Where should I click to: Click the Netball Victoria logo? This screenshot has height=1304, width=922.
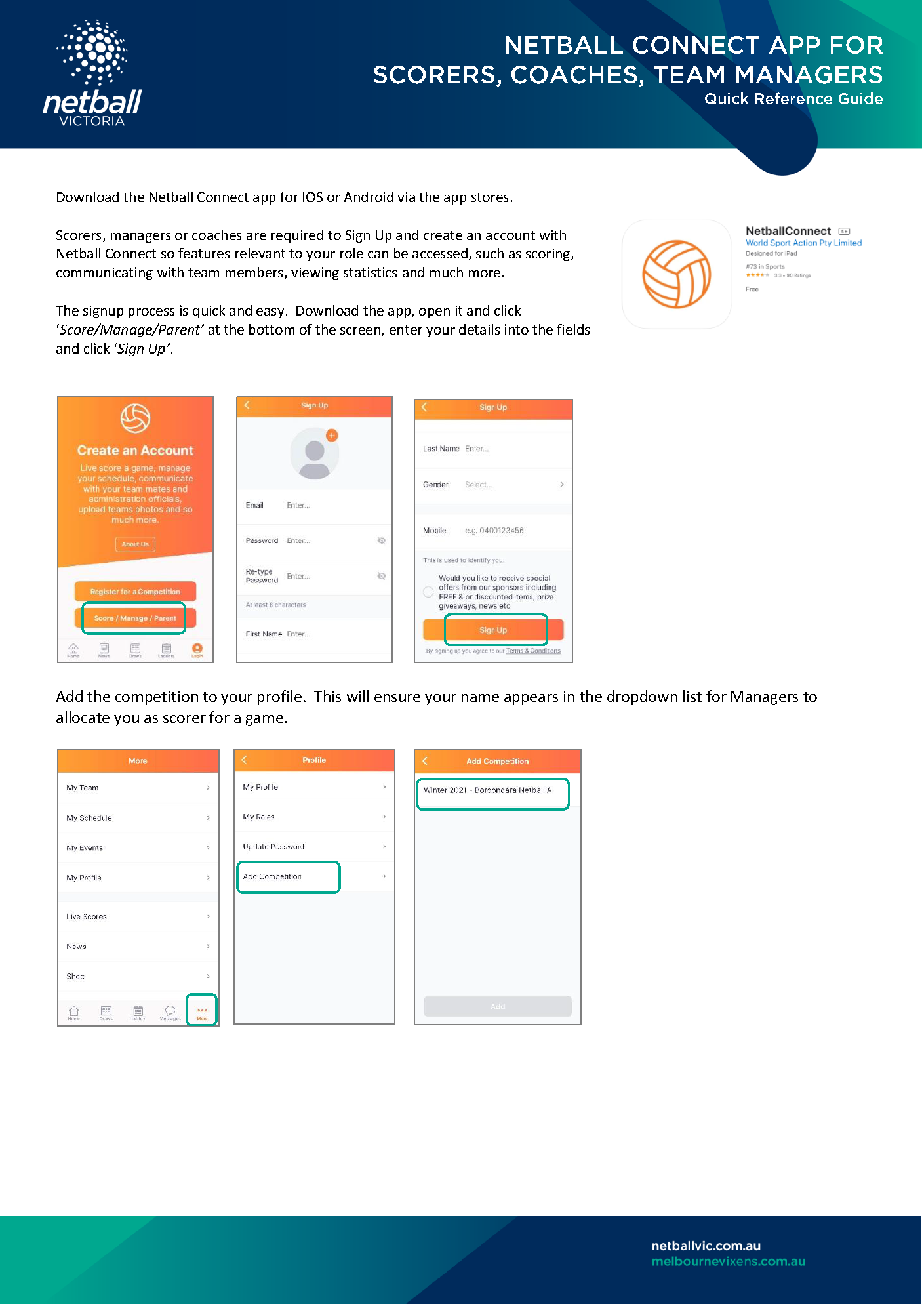[x=92, y=73]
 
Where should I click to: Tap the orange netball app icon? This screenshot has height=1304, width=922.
[x=676, y=274]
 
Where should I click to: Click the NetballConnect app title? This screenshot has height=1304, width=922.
[x=788, y=231]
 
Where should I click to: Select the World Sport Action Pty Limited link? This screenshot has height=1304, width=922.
[x=803, y=243]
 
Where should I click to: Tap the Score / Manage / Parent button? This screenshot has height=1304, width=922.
[x=134, y=618]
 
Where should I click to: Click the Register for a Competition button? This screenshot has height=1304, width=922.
[x=135, y=592]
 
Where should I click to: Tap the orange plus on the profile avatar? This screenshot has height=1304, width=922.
[x=332, y=435]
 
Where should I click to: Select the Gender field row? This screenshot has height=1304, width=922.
[x=493, y=485]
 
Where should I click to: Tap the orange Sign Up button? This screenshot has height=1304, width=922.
[x=493, y=630]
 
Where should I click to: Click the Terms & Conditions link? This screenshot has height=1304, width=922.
[x=533, y=651]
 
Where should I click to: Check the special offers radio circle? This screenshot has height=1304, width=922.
[x=428, y=592]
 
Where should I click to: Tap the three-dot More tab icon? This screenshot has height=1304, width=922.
[x=202, y=1010]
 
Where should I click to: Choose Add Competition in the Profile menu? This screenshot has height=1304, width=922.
[x=289, y=877]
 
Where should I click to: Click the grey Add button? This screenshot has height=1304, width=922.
[x=497, y=1006]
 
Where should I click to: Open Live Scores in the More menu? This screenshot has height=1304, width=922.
[x=138, y=916]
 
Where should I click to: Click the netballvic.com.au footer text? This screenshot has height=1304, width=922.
[x=706, y=1246]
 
